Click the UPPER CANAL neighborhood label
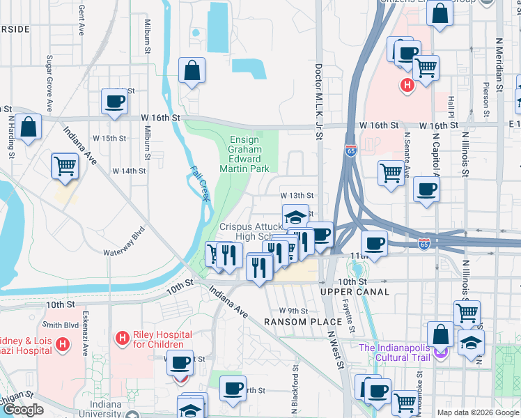pos(355,292)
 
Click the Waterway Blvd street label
pos(124,240)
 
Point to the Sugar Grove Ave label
pos(49,84)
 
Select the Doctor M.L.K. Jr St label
pos(318,102)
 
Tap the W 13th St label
pos(297,196)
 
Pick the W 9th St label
pos(293,310)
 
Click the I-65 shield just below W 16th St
pos(350,150)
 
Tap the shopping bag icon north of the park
pos(192,71)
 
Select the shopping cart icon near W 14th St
pos(65,167)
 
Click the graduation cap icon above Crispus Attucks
pos(295,215)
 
